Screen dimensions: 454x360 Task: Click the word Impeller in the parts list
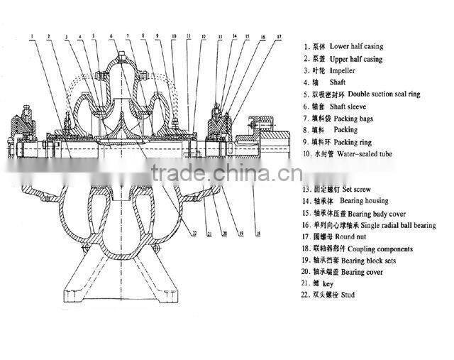[x=343, y=71]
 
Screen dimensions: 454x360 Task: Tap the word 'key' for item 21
[x=328, y=283]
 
